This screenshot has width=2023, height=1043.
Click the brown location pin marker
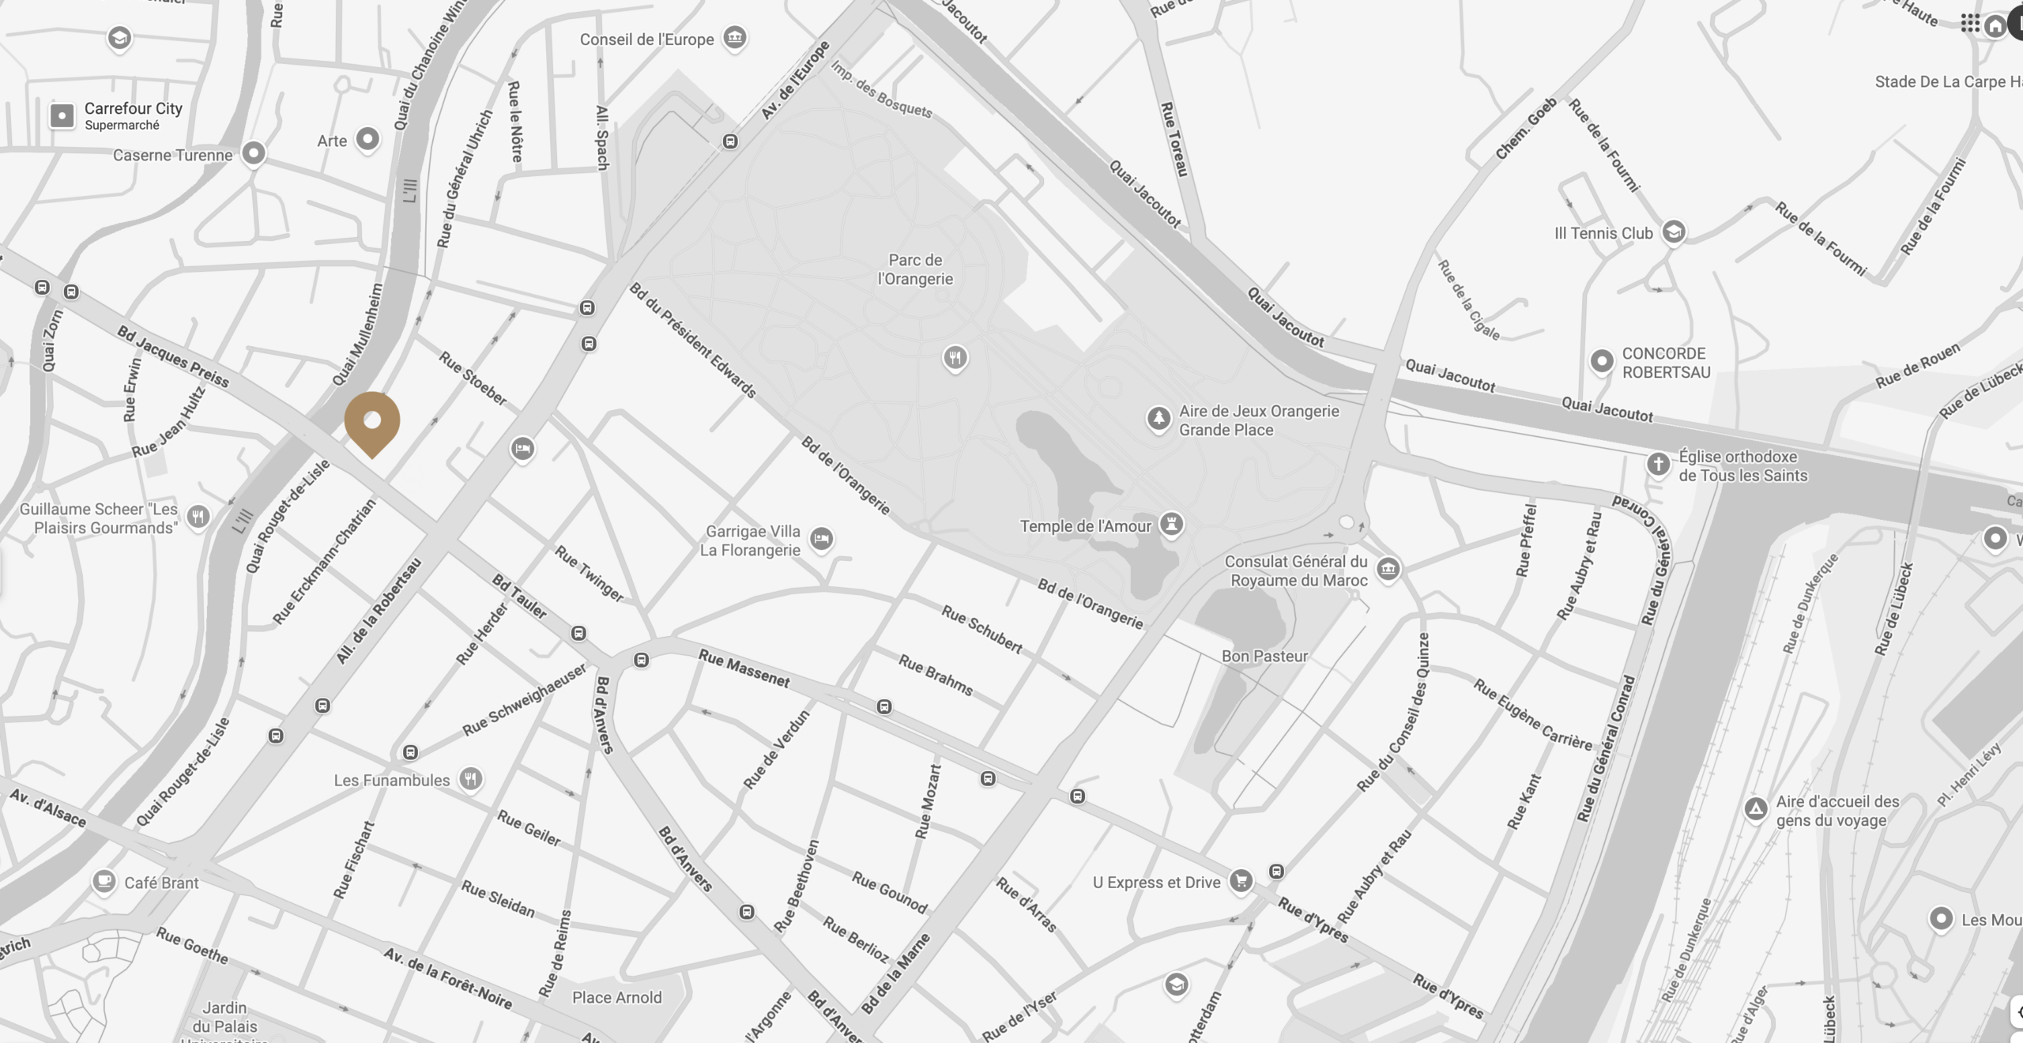[372, 422]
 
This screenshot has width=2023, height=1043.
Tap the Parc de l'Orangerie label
[915, 269]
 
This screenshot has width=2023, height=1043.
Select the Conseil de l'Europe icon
[735, 37]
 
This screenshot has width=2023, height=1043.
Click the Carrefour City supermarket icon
[62, 115]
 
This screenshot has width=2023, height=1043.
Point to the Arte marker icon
[367, 139]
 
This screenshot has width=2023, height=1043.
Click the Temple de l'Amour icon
[1171, 524]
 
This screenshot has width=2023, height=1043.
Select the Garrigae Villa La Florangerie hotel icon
[822, 539]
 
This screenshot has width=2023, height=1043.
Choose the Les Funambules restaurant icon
[471, 779]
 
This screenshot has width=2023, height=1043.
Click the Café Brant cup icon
[104, 880]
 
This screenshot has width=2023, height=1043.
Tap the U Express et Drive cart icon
[1241, 880]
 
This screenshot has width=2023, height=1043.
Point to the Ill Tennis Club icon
[1673, 232]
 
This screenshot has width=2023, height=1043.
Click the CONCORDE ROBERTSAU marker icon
[1602, 361]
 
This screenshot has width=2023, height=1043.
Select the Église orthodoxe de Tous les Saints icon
[1658, 464]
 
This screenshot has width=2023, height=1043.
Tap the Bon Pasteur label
[1264, 656]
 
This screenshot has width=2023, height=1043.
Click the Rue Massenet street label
[744, 668]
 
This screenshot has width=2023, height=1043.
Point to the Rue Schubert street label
[981, 629]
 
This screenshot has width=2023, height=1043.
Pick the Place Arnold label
[616, 997]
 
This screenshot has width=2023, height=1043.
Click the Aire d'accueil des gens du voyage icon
[1756, 809]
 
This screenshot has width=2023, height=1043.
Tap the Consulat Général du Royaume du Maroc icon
[1388, 568]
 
